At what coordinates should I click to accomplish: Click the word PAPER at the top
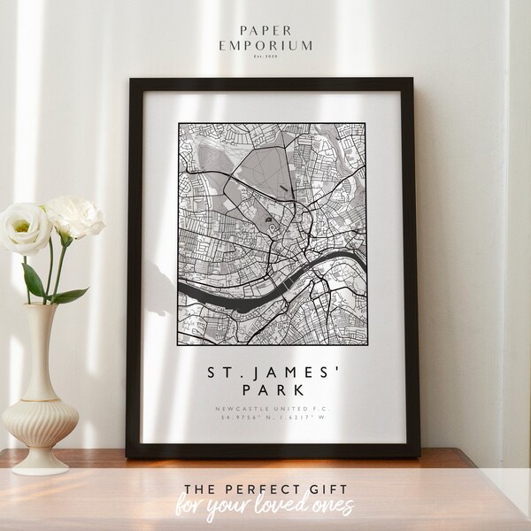coord(265,27)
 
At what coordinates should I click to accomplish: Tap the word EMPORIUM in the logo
coord(265,42)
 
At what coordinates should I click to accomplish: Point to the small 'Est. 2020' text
coord(265,56)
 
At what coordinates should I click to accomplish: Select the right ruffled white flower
coord(75,215)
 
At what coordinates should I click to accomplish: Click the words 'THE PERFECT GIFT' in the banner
coord(265,484)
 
